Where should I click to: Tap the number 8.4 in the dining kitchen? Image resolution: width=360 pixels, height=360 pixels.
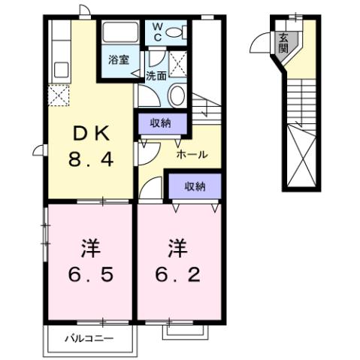(x=90, y=159)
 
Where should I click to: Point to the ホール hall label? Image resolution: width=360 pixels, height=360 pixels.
(x=192, y=154)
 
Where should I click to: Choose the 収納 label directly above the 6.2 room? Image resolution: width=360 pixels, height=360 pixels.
(x=194, y=186)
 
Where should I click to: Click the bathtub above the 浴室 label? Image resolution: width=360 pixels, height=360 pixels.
(x=117, y=34)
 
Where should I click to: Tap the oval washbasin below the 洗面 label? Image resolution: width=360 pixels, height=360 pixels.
(x=177, y=95)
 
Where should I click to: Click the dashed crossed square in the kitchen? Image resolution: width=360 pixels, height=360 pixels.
(x=58, y=95)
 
